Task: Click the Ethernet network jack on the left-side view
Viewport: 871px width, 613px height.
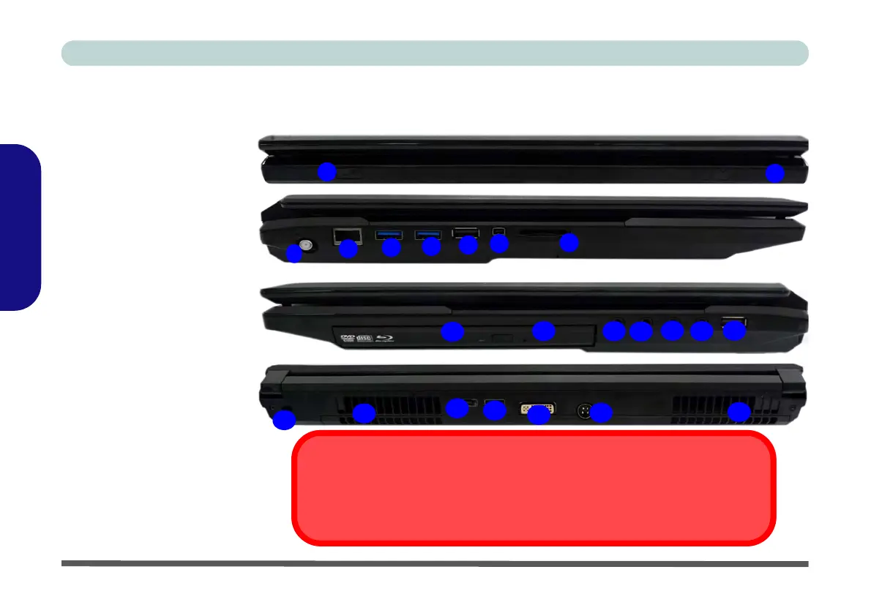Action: click(343, 235)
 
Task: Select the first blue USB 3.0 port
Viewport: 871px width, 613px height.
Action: click(387, 235)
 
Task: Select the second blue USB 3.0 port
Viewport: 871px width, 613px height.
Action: click(427, 235)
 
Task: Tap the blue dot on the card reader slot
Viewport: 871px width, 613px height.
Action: click(569, 243)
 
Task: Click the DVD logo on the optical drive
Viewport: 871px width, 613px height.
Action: click(345, 338)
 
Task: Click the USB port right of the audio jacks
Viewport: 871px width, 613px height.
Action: click(733, 321)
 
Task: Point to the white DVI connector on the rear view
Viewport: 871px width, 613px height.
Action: click(537, 408)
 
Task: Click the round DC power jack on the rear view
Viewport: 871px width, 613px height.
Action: click(585, 410)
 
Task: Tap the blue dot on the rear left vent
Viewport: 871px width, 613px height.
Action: click(363, 413)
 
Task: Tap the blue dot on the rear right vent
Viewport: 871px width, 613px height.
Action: click(739, 413)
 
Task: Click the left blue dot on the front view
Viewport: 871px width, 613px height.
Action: click(327, 172)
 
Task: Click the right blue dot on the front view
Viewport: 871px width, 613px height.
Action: click(774, 173)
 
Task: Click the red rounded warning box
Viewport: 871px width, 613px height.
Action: click(533, 488)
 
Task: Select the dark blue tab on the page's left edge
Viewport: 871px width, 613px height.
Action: click(20, 227)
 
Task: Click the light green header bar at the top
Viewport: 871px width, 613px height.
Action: click(435, 53)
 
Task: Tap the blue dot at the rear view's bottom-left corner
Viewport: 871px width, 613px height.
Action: click(284, 420)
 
